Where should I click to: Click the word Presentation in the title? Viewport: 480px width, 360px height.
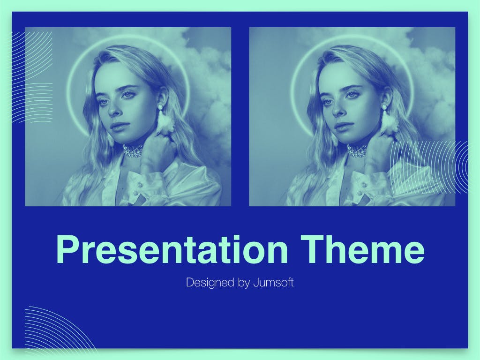(172, 249)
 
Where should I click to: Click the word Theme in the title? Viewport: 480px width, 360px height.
(363, 249)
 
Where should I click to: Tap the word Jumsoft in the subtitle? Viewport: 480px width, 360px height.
(273, 282)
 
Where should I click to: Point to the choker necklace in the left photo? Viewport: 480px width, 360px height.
(134, 150)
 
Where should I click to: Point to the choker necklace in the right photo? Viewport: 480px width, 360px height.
(357, 150)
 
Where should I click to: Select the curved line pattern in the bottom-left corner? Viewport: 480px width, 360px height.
(58, 328)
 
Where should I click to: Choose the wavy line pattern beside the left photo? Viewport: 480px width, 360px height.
(32, 76)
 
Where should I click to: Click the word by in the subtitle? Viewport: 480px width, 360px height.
(244, 283)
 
